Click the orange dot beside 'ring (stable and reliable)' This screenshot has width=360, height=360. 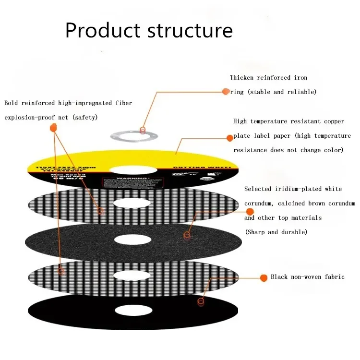pyautogui.click(x=226, y=91)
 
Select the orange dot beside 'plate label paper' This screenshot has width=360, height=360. pyautogui.click(x=230, y=138)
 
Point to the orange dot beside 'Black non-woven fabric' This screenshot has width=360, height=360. pyautogui.click(x=263, y=277)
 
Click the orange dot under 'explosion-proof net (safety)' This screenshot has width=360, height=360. pyautogui.click(x=53, y=127)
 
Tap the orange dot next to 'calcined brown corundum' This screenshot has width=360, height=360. pyautogui.click(x=250, y=212)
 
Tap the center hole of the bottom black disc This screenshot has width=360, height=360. pyautogui.click(x=133, y=311)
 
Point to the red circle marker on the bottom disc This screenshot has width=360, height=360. pyautogui.click(x=201, y=301)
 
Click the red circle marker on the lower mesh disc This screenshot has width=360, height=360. pyautogui.click(x=61, y=271)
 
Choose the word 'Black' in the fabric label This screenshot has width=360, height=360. pyautogui.click(x=280, y=277)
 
